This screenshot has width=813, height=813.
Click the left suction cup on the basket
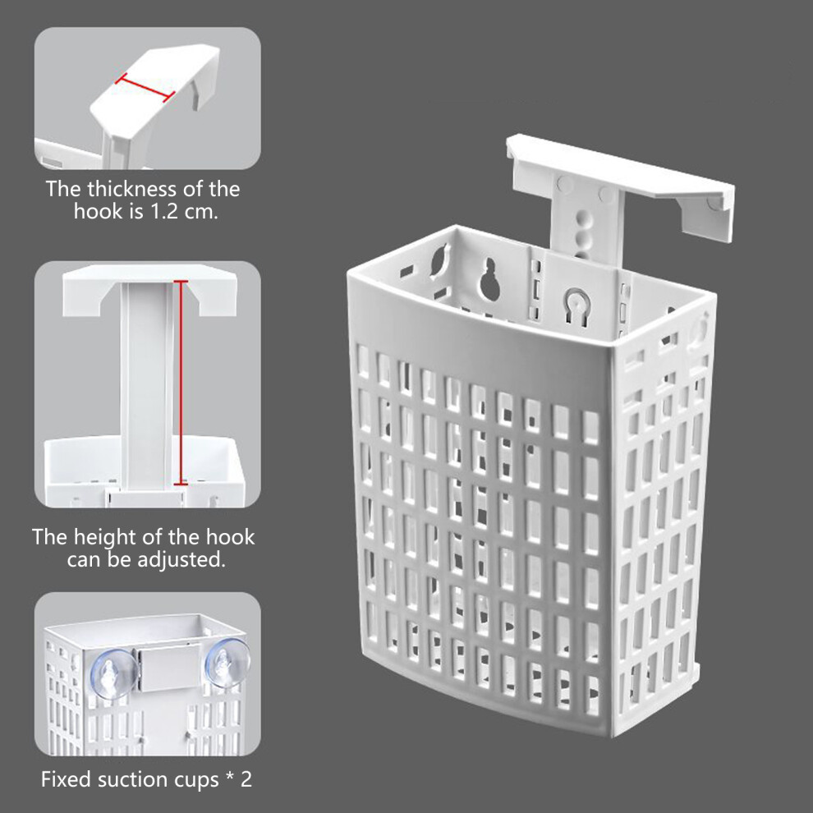click(x=113, y=674)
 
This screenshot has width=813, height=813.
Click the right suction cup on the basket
click(x=227, y=663)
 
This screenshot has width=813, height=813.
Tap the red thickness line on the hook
click(x=145, y=88)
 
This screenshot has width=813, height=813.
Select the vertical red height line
click(x=181, y=383)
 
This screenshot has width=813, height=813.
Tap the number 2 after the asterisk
click(x=246, y=779)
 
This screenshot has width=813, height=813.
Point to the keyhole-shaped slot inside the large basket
click(x=490, y=279)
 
